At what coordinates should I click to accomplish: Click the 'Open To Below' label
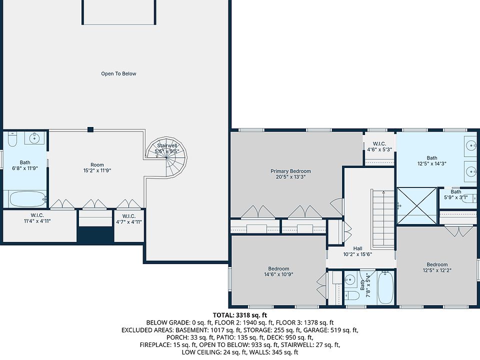pyautogui.click(x=118, y=73)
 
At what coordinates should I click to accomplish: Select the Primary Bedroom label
pyautogui.click(x=290, y=171)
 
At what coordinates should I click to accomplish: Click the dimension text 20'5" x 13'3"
pyautogui.click(x=288, y=176)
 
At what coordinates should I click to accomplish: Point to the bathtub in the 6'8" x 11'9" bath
pyautogui.click(x=28, y=199)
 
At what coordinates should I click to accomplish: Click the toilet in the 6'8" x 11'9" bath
pyautogui.click(x=12, y=139)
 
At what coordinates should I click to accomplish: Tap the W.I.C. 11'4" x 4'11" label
pyautogui.click(x=37, y=218)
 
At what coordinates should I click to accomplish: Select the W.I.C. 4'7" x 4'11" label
pyautogui.click(x=129, y=219)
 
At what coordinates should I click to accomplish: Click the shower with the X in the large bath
pyautogui.click(x=417, y=205)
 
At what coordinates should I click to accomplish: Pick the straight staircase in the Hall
pyautogui.click(x=383, y=219)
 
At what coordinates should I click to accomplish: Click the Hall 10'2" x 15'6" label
pyautogui.click(x=357, y=251)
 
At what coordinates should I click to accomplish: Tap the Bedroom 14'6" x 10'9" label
pyautogui.click(x=278, y=271)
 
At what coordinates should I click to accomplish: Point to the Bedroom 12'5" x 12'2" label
pyautogui.click(x=437, y=267)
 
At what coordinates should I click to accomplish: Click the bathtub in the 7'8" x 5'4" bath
pyautogui.click(x=385, y=288)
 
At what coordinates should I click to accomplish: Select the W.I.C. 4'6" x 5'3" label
pyautogui.click(x=379, y=146)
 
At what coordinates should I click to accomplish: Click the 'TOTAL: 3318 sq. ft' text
pyautogui.click(x=240, y=315)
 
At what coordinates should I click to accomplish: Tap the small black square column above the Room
pyautogui.click(x=90, y=129)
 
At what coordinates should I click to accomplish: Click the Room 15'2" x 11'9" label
pyautogui.click(x=97, y=167)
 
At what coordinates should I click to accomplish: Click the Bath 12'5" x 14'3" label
pyautogui.click(x=432, y=160)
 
